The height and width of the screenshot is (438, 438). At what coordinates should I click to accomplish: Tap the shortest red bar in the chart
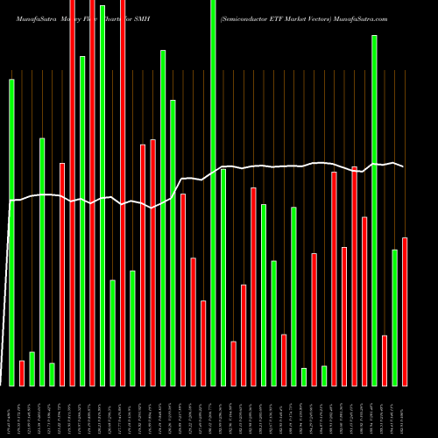[x=22, y=373]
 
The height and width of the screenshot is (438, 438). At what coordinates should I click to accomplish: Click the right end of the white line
[x=403, y=166]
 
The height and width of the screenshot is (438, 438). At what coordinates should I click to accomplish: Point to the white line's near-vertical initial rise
[x=10, y=263]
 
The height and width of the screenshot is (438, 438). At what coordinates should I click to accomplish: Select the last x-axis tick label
[x=405, y=412]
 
